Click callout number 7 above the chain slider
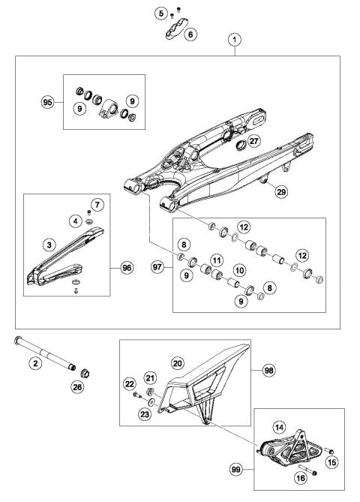click(x=97, y=204)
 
